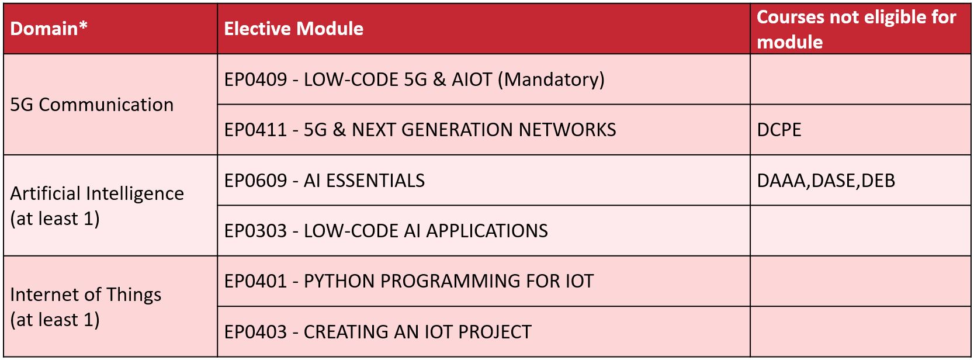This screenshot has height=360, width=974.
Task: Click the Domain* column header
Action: pyautogui.click(x=48, y=29)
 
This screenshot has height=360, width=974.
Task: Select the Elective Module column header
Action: pyautogui.click(x=293, y=29)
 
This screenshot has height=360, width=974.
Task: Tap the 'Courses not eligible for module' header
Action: pyautogui.click(x=857, y=30)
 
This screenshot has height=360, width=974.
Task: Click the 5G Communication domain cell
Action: pyautogui.click(x=92, y=105)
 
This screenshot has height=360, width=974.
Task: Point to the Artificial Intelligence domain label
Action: pyautogui.click(x=97, y=193)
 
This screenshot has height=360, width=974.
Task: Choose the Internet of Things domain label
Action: pyautogui.click(x=86, y=295)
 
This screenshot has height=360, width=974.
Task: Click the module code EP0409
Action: pyautogui.click(x=255, y=79)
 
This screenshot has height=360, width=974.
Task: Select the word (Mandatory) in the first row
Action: pyautogui.click(x=551, y=79)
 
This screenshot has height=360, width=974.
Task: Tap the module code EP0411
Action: pyautogui.click(x=255, y=130)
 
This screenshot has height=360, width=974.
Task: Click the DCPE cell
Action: pyautogui.click(x=779, y=130)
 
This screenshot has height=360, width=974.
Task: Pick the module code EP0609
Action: pyautogui.click(x=255, y=181)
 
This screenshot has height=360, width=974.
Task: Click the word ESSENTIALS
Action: pyautogui.click(x=375, y=181)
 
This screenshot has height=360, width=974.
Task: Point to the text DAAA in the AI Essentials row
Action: pyautogui.click(x=781, y=181)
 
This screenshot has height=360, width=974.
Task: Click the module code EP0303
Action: pyautogui.click(x=255, y=231)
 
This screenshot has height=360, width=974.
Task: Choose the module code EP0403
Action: pyautogui.click(x=255, y=332)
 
